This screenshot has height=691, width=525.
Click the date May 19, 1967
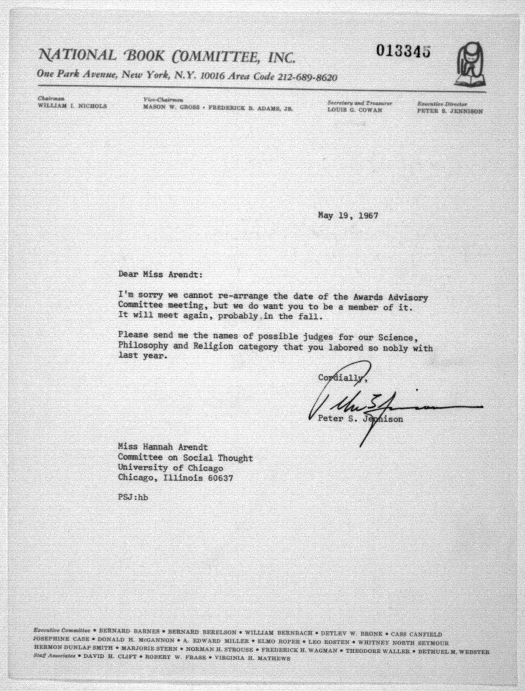coord(348,216)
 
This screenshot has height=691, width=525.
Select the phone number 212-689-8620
coord(307,77)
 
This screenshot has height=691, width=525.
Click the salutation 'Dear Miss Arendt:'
coord(160,275)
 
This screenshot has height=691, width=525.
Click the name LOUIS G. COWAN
coord(355,110)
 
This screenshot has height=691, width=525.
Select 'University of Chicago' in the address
coord(170,468)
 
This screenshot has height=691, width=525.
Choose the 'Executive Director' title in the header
coord(442,104)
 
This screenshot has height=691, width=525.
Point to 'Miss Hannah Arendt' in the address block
coord(163,447)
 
